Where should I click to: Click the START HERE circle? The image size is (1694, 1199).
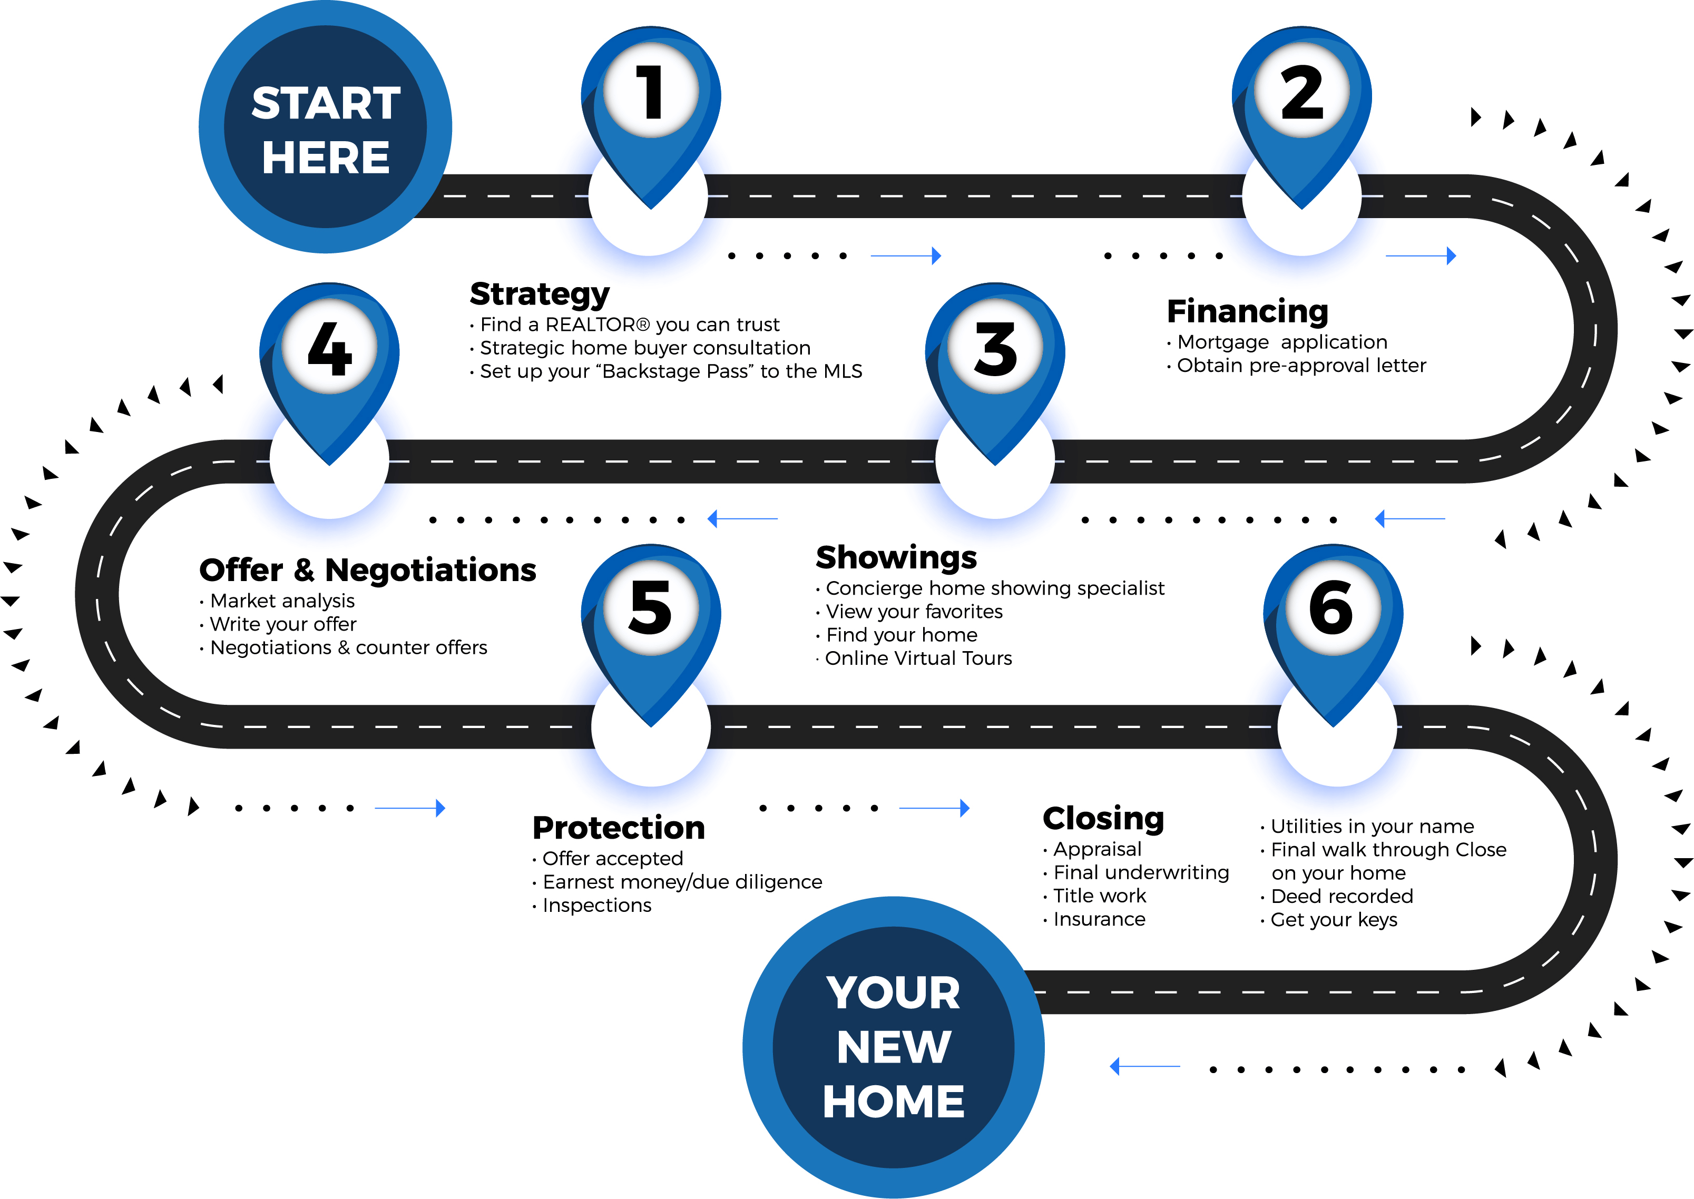(325, 127)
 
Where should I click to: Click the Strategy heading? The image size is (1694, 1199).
(540, 294)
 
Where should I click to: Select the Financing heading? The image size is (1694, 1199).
(1247, 311)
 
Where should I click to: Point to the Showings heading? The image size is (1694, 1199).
(896, 557)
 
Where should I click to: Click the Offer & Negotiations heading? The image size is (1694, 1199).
(368, 571)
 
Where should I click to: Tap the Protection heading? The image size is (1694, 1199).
(618, 828)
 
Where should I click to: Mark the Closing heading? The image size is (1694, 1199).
(1103, 819)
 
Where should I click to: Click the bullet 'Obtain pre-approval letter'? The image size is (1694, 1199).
(1301, 366)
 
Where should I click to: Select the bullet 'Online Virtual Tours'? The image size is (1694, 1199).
(918, 659)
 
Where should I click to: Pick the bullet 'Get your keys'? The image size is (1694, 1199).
(1334, 920)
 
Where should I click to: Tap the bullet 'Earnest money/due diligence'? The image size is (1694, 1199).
(682, 882)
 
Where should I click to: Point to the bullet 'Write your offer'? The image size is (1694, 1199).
(283, 625)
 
